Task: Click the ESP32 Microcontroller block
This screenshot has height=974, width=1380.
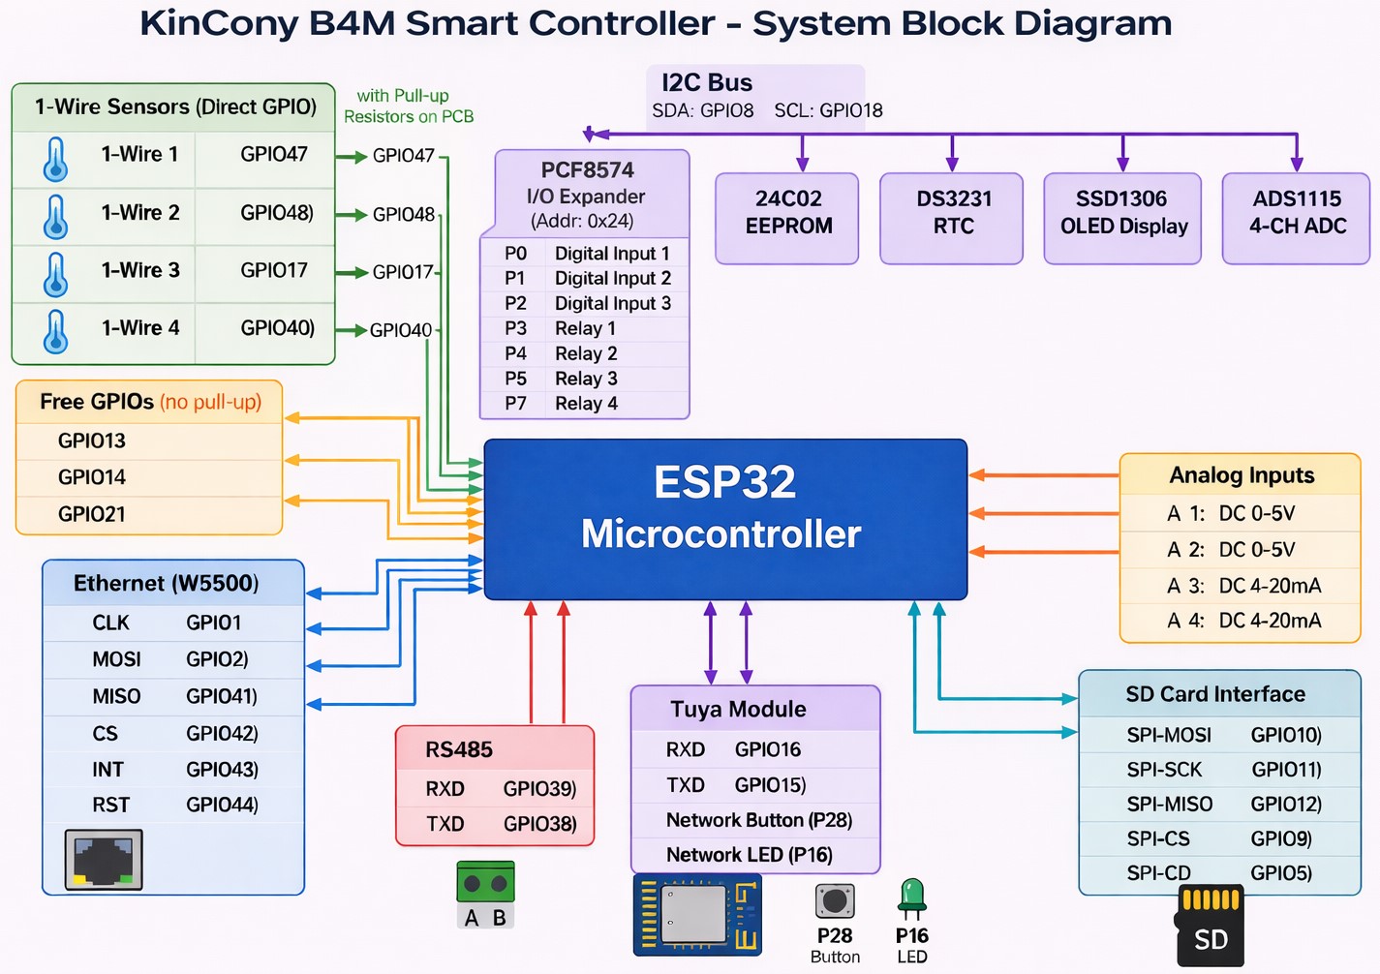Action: (724, 519)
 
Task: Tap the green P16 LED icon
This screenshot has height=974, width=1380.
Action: (911, 898)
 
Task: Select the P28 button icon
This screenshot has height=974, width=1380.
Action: (834, 901)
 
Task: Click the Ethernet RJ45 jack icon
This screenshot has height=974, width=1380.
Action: (104, 859)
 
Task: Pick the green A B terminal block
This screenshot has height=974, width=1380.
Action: (485, 893)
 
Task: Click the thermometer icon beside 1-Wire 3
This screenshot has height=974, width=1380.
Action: (56, 274)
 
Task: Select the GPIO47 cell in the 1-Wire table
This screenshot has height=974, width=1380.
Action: (274, 154)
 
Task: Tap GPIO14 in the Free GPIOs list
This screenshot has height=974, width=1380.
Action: (92, 477)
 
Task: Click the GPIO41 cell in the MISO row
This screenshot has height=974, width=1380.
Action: (222, 696)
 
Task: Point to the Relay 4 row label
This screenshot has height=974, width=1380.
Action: (586, 404)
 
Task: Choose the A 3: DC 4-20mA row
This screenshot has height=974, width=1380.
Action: (1242, 586)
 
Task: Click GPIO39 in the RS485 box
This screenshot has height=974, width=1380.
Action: (539, 789)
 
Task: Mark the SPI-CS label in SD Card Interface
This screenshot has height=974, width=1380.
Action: (1157, 838)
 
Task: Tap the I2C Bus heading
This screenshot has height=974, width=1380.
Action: (707, 83)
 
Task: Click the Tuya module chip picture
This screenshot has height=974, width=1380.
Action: (697, 914)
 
